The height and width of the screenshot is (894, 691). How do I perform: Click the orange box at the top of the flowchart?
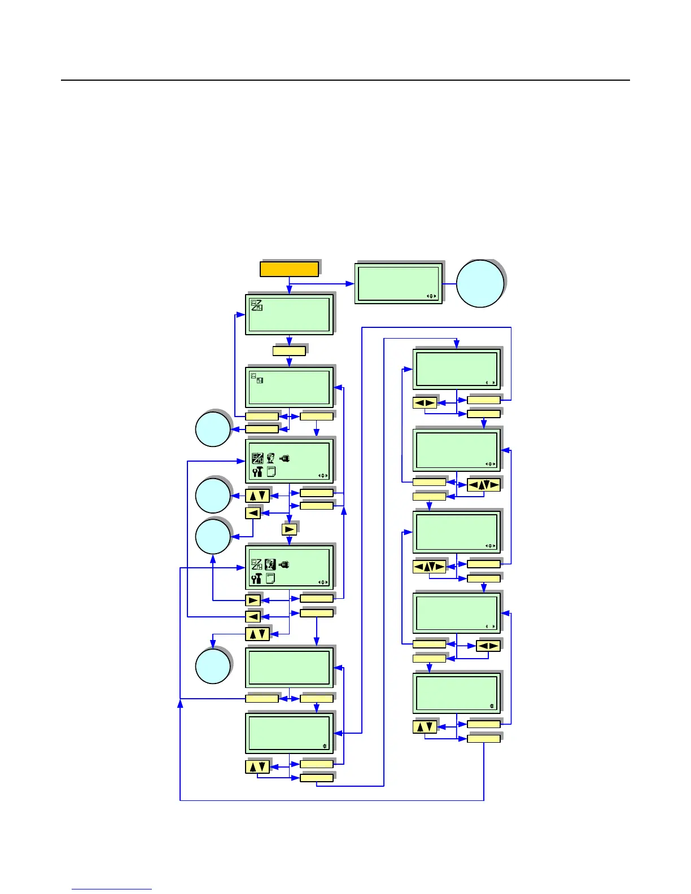(289, 269)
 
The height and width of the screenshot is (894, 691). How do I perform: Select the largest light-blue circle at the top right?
(480, 283)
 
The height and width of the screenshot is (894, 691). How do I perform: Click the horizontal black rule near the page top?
(345, 80)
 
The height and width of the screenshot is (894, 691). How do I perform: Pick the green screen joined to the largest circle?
(399, 282)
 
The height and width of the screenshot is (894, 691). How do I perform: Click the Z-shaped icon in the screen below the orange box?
(257, 305)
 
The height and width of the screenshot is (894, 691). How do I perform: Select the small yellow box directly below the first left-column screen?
(289, 351)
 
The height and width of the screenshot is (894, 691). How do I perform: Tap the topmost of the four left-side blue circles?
(213, 429)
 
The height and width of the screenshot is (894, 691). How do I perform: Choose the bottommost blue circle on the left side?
(213, 666)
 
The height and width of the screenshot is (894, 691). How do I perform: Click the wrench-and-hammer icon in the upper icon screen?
(257, 472)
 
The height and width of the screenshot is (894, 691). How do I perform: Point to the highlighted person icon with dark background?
(270, 564)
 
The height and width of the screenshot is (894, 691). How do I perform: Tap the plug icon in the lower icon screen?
(284, 564)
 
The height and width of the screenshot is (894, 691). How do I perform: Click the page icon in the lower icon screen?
(270, 579)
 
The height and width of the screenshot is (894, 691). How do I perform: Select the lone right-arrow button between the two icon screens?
(289, 529)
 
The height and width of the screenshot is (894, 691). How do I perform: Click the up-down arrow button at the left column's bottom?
(257, 767)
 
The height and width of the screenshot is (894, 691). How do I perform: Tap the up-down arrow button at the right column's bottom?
(425, 727)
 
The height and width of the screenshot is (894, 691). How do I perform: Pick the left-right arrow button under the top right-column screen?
(425, 403)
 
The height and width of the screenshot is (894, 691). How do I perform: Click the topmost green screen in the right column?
(456, 369)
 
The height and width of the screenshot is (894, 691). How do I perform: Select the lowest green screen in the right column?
(456, 693)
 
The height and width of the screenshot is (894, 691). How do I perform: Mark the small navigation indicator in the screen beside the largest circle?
(432, 296)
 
